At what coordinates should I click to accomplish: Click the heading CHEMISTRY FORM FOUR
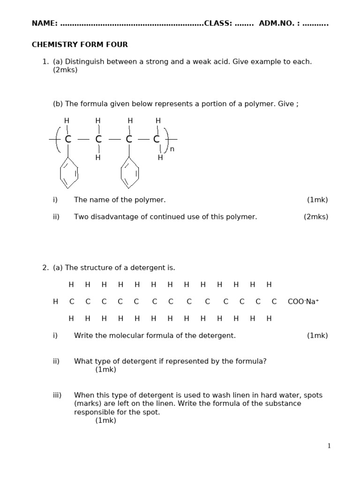click(x=80, y=45)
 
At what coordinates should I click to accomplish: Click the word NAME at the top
click(x=43, y=23)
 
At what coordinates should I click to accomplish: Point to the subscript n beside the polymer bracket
click(x=172, y=149)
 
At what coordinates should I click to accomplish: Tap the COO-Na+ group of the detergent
click(x=303, y=302)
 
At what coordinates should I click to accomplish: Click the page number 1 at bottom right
click(x=329, y=446)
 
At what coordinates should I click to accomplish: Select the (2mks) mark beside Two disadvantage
click(x=316, y=217)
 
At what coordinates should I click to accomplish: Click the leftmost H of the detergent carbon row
click(x=55, y=302)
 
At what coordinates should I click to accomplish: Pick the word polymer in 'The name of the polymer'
click(x=152, y=200)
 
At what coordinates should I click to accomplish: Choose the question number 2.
click(x=45, y=268)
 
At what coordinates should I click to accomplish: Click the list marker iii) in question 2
click(x=57, y=395)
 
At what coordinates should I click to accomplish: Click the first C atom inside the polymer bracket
click(x=68, y=139)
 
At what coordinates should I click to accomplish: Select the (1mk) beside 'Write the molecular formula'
click(x=317, y=335)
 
